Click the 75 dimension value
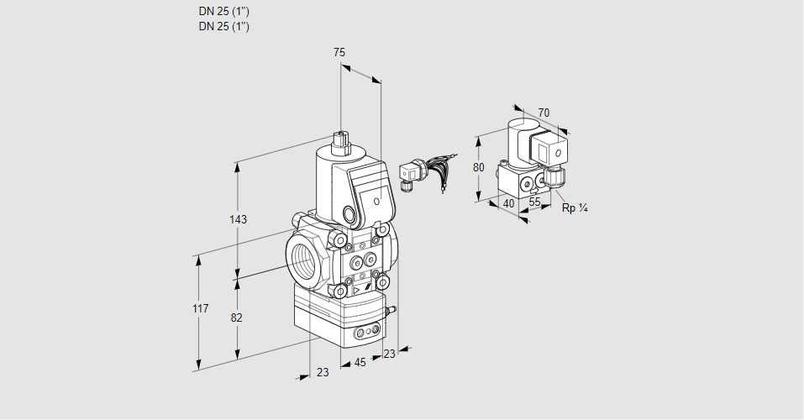tap(339, 53)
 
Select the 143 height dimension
tap(238, 220)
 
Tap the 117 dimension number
tap(199, 310)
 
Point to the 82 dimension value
tap(237, 318)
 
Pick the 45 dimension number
tap(360, 363)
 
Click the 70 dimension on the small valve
tap(544, 113)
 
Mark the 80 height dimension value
tap(479, 167)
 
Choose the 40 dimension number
tap(507, 202)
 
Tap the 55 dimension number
tap(534, 202)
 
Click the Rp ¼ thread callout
tap(575, 207)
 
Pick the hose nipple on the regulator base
tap(390, 311)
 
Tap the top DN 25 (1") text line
tap(223, 12)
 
